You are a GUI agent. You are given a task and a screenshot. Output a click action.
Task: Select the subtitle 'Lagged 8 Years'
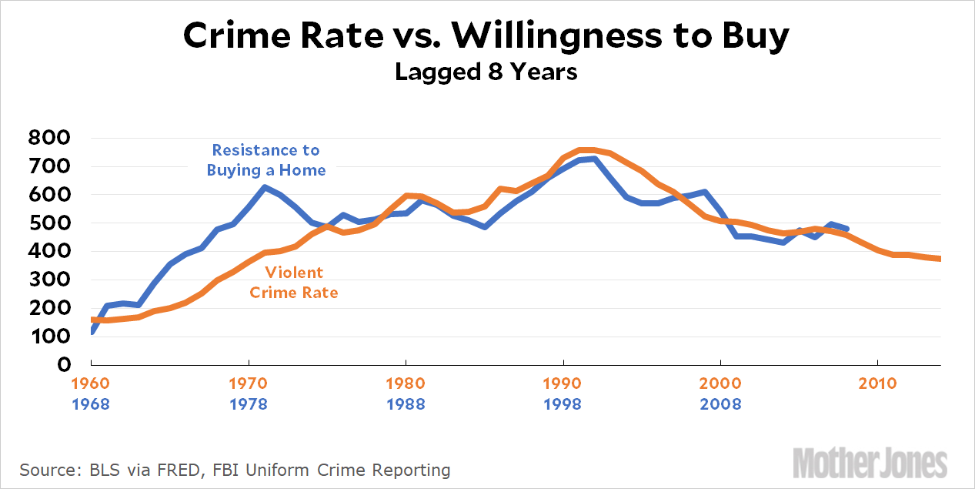coord(486,72)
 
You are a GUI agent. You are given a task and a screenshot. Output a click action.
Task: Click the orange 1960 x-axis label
coord(91,383)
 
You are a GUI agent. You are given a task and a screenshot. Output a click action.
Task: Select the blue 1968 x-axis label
coord(91,404)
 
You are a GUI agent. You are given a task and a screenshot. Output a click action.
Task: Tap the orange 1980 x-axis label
coord(406,383)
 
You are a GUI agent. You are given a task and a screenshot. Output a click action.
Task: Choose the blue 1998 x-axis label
coord(563,404)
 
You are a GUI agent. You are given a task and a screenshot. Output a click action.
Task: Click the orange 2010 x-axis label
coord(878,383)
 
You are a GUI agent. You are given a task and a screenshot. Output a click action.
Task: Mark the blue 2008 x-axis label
coord(721,404)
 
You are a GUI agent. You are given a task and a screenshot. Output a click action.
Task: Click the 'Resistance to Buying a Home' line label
coord(266,160)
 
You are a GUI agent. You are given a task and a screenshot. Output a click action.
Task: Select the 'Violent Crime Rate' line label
coord(294,283)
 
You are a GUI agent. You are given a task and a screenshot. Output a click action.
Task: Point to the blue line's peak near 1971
coord(265,187)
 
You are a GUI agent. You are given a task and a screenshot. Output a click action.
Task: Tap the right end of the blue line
coord(846,229)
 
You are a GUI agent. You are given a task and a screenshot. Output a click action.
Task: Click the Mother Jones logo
coord(880,464)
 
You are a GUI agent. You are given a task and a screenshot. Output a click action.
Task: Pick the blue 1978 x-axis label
coord(249,404)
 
